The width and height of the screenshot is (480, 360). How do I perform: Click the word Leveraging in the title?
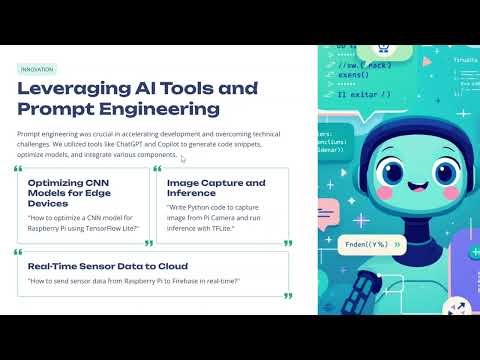point(76,89)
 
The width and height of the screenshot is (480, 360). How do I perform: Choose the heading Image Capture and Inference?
point(216,189)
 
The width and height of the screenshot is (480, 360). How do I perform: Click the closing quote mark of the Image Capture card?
point(287,243)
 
